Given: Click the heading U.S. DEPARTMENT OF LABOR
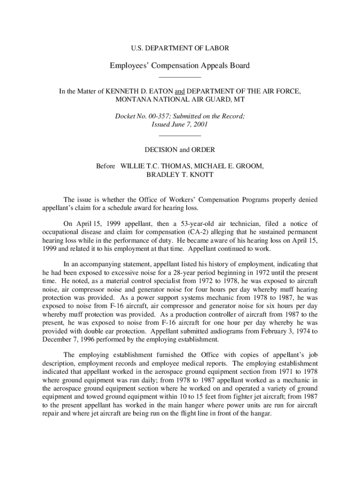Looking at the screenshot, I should pyautogui.click(x=180, y=48).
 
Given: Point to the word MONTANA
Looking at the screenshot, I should pyautogui.click(x=134, y=100).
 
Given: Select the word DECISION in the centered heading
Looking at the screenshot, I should pyautogui.click(x=162, y=150).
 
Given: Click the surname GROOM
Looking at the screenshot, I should pyautogui.click(x=246, y=166).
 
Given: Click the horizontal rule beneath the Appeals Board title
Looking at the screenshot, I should pyautogui.click(x=180, y=77).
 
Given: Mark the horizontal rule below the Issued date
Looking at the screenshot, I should pyautogui.click(x=180, y=136).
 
